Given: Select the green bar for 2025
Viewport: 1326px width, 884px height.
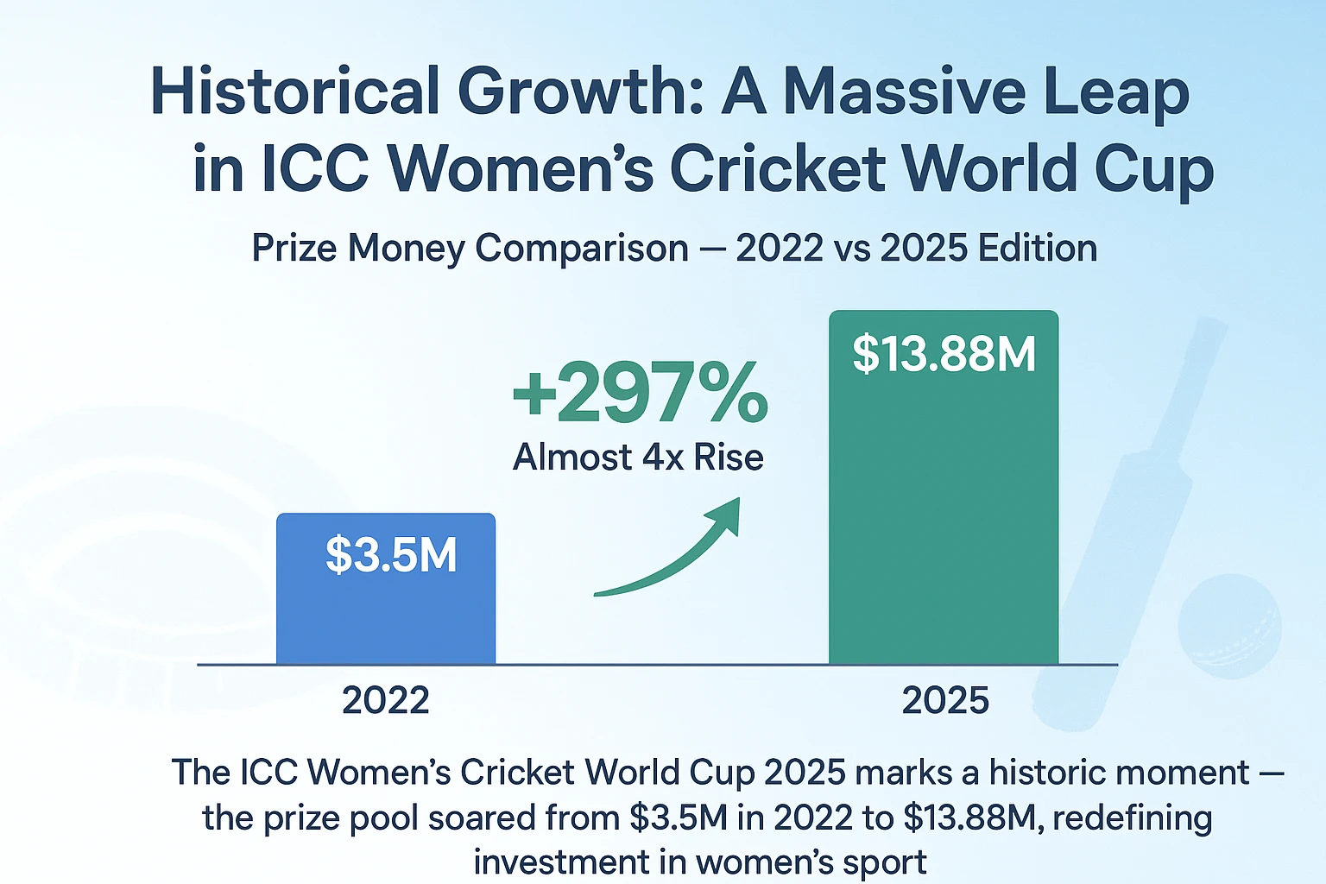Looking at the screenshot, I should click(943, 518).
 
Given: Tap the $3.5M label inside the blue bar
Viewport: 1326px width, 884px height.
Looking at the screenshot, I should click(391, 555).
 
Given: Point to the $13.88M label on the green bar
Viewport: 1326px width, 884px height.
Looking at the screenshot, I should click(944, 354).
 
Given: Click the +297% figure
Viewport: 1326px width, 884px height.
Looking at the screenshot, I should click(640, 394).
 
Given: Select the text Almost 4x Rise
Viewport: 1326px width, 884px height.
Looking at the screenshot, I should click(638, 457).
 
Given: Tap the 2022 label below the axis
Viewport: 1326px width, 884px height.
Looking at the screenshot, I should click(385, 700).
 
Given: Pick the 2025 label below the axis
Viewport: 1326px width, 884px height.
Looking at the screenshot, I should click(945, 700).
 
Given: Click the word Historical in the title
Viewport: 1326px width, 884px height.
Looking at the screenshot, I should click(294, 92).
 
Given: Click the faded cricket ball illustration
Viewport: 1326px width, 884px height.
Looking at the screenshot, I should click(1229, 626).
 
